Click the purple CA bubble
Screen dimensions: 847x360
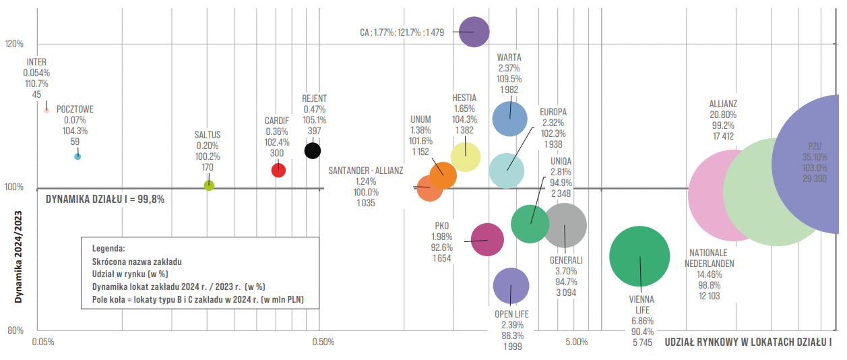[x=474, y=32]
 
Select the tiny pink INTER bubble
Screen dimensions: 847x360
[x=46, y=111]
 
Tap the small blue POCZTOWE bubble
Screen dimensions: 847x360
[x=77, y=156]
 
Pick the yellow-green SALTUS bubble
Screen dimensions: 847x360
[x=209, y=185]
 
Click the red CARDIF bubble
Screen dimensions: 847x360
[x=278, y=170]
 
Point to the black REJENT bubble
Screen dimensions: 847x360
[x=313, y=151]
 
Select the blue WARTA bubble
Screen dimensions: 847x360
[x=509, y=119]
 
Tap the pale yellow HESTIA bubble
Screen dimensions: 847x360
[x=466, y=157]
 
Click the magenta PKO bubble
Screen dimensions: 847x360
[x=487, y=240]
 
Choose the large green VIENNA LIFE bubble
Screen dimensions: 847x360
[x=639, y=256]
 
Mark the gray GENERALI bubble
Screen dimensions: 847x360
[x=564, y=225]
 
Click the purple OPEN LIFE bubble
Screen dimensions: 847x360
[x=511, y=286]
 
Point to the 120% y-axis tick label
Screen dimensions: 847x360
[x=14, y=44]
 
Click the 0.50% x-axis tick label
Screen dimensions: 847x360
[x=323, y=342]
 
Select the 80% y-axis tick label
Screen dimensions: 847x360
[x=15, y=330]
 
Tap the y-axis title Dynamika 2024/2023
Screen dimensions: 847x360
[x=18, y=257]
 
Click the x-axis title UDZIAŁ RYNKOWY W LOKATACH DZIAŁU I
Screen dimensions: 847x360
[x=748, y=342]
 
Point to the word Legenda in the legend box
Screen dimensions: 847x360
[x=108, y=249]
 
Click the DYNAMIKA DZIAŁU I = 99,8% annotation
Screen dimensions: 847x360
[x=105, y=200]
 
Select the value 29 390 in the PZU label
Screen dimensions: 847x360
[x=815, y=179]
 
